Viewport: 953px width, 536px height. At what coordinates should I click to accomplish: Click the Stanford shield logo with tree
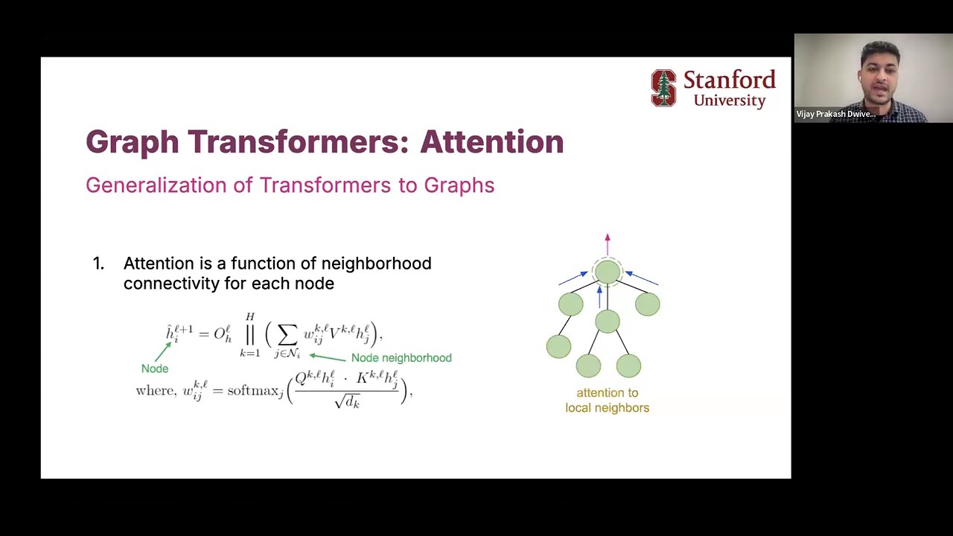tap(663, 88)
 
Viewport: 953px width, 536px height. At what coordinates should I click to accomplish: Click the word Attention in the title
tap(491, 141)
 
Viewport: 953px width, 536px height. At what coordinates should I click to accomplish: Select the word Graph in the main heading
tap(132, 141)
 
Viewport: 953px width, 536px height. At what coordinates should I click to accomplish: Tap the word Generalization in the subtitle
tap(156, 185)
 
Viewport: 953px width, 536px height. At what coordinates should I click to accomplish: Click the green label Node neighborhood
tap(401, 358)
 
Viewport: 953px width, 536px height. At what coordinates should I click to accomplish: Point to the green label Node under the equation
tap(155, 368)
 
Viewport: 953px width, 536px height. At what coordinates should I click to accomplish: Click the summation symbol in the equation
tap(287, 334)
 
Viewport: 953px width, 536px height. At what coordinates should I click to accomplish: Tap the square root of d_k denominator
tap(347, 402)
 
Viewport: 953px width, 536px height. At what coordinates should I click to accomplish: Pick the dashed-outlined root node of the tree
tap(608, 272)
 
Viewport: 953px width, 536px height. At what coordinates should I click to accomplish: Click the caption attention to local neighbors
tap(607, 400)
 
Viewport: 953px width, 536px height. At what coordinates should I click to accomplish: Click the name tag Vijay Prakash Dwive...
tap(835, 114)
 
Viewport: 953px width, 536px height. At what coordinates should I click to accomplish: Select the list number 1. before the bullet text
tap(98, 264)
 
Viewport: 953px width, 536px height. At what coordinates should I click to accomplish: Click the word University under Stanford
tap(730, 100)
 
